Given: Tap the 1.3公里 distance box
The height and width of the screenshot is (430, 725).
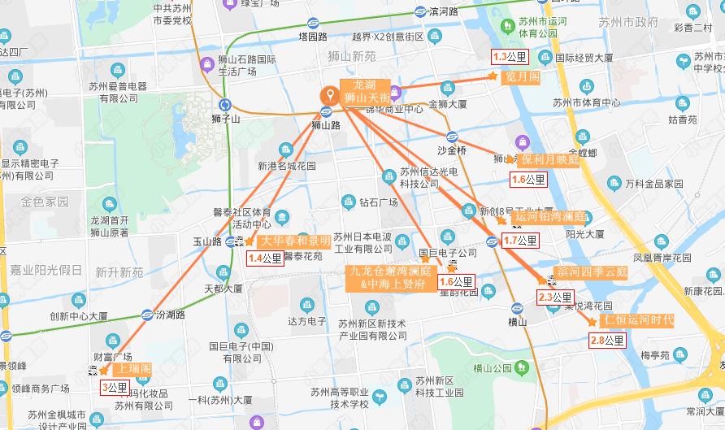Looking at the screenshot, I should [510, 57].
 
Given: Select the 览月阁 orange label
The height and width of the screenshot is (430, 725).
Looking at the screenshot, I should [523, 76].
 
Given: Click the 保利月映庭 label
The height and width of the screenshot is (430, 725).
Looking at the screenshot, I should [550, 159].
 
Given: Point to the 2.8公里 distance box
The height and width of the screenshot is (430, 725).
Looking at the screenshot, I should [607, 341].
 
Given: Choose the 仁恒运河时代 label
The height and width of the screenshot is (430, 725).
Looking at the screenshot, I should [638, 319].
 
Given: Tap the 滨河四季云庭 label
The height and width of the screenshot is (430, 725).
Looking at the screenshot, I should [592, 271].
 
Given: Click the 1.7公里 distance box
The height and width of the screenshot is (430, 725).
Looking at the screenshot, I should [520, 240].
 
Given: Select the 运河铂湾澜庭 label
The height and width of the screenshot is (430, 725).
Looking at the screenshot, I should [550, 217].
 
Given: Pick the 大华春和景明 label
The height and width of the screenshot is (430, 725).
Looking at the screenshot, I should [296, 241].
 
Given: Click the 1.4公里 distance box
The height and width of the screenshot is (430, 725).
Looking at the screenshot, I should [265, 259].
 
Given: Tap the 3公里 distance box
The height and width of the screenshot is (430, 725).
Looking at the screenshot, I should [115, 387].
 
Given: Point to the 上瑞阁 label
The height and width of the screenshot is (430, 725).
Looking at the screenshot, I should [134, 368].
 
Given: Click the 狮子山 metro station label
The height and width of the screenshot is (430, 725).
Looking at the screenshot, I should [225, 119].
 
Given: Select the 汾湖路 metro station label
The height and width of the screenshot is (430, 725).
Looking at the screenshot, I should [170, 314].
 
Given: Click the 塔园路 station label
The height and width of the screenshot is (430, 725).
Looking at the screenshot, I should [312, 37].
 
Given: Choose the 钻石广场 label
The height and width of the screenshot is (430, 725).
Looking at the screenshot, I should [379, 202].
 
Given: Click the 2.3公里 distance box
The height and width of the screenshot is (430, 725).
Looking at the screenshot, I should [555, 298].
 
